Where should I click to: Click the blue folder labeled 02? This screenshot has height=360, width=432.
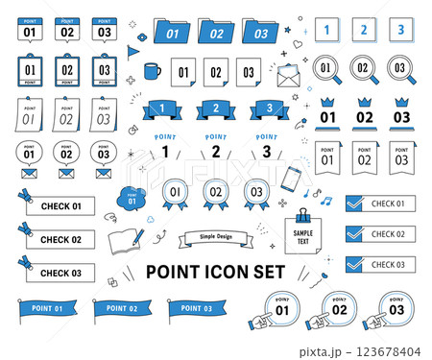click(x=216, y=33)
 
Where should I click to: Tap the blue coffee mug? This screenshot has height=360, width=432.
click(x=152, y=70)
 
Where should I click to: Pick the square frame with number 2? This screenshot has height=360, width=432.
click(x=363, y=31)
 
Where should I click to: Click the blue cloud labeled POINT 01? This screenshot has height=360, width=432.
click(x=132, y=197)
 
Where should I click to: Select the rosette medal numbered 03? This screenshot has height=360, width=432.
click(x=254, y=192)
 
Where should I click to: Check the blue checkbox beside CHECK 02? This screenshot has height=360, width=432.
click(x=354, y=233)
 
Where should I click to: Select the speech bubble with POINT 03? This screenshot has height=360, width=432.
click(x=103, y=153)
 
